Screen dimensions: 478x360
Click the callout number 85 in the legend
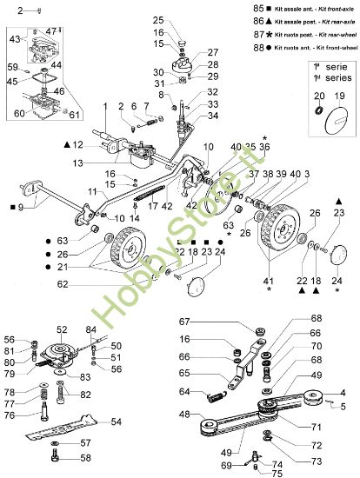click(x=221, y=7)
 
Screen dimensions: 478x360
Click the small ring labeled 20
click(x=318, y=114)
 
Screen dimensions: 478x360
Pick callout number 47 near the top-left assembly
click(x=50, y=31)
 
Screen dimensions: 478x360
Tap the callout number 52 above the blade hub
click(x=62, y=329)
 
